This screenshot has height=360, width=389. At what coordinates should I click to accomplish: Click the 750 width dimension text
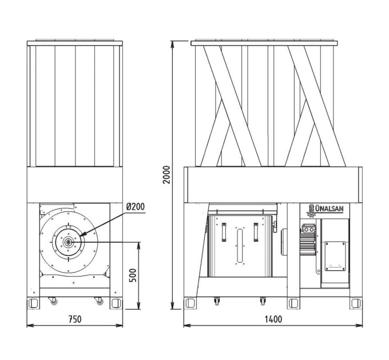pos(75,319)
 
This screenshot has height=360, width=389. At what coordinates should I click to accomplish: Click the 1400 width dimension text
pos(273,319)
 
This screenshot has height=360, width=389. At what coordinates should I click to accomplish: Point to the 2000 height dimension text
pos(167,175)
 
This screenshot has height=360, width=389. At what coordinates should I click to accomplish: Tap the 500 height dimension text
pos(133,275)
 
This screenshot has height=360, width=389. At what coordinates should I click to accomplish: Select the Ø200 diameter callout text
pos(135,206)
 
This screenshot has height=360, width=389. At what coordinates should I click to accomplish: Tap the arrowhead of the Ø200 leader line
pos(82,234)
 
